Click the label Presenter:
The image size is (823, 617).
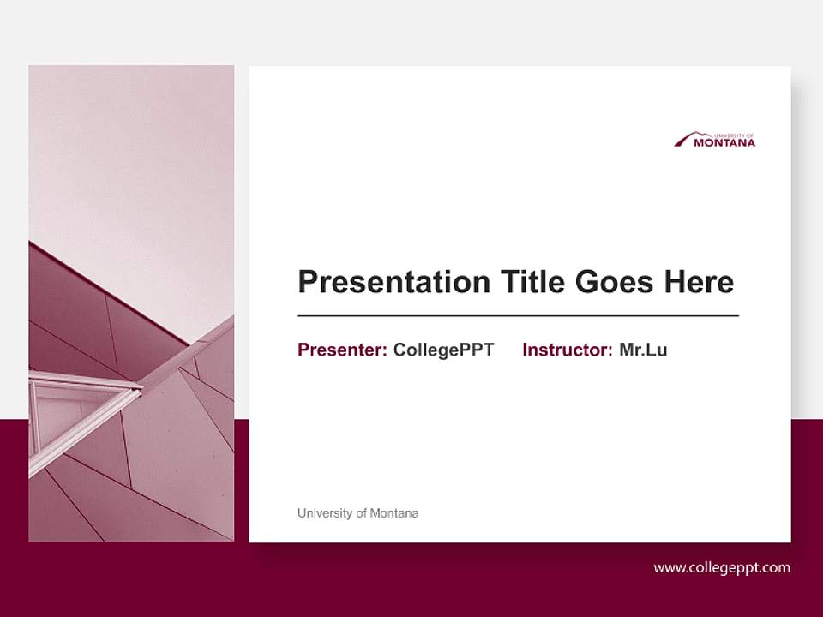(x=342, y=350)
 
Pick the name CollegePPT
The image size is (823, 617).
(x=443, y=350)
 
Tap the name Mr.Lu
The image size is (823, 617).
(x=643, y=350)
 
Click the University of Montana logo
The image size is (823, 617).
(x=715, y=140)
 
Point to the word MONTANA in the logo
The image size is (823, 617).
(x=724, y=143)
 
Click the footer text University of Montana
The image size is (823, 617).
(x=357, y=513)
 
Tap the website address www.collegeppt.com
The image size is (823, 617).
(x=722, y=567)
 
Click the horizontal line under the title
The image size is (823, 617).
(x=518, y=316)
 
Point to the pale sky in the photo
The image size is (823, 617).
(x=129, y=154)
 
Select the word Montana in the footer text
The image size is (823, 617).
(x=396, y=513)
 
